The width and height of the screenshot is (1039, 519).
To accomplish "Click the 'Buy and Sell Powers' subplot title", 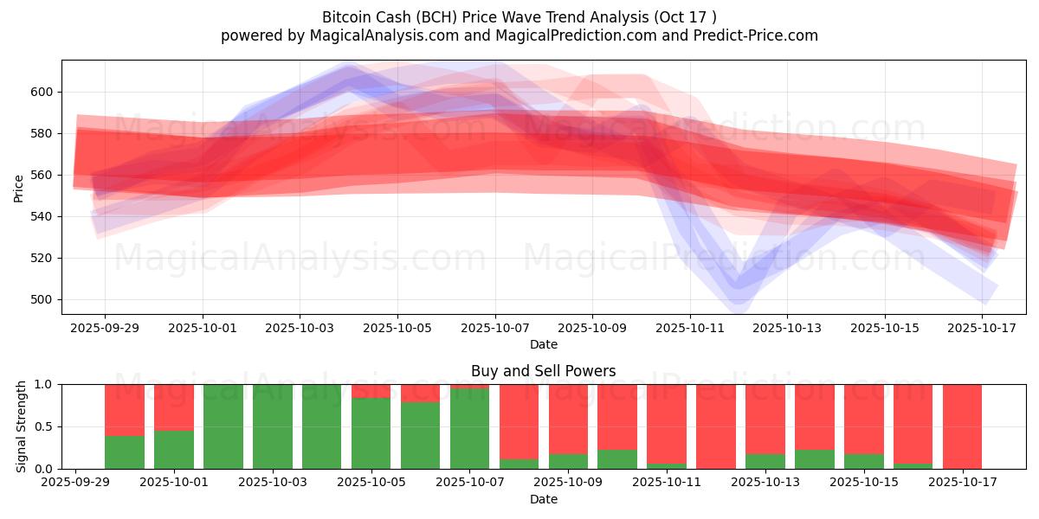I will click(x=544, y=371).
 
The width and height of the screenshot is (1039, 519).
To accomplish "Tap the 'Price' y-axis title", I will click(x=19, y=188).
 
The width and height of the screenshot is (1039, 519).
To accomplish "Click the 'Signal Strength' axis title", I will click(x=22, y=426).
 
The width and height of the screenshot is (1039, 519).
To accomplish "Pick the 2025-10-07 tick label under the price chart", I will click(x=495, y=329).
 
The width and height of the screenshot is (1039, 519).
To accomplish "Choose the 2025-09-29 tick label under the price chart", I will click(x=105, y=329).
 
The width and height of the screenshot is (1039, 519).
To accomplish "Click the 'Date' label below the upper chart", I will click(x=544, y=344).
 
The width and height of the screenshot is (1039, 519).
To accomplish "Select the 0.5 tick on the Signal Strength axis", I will click(x=43, y=426).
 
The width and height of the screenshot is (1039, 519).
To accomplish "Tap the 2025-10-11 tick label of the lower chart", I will click(x=666, y=483).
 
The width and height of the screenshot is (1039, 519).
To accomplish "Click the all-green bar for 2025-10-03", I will click(x=273, y=426).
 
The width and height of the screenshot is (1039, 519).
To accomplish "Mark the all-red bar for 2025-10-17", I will click(x=962, y=426).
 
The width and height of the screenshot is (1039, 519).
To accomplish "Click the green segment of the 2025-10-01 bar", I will click(x=174, y=450).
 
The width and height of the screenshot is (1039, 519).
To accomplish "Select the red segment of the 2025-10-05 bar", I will click(x=371, y=391).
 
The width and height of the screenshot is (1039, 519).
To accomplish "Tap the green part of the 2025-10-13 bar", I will click(x=765, y=461).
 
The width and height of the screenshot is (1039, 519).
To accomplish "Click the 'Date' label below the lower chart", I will click(x=544, y=499).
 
